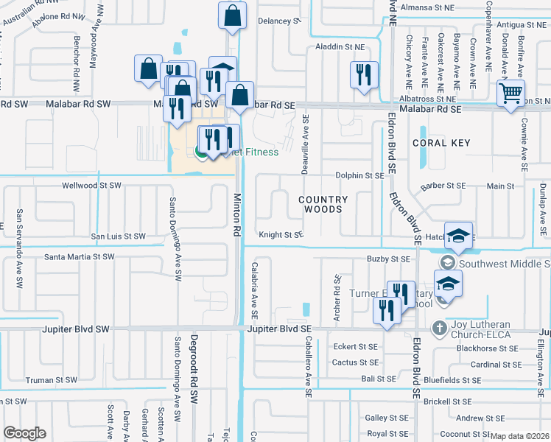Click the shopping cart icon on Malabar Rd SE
point(510,94)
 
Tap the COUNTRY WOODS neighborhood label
point(323,205)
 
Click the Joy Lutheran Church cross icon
point(439,327)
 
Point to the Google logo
point(24,433)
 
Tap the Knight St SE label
point(280,235)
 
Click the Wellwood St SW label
point(91,186)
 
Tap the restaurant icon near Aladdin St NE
point(364,74)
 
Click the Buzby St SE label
point(388,259)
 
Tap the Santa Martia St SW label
point(80,257)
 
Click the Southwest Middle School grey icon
point(446,263)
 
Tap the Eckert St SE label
point(355,346)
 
